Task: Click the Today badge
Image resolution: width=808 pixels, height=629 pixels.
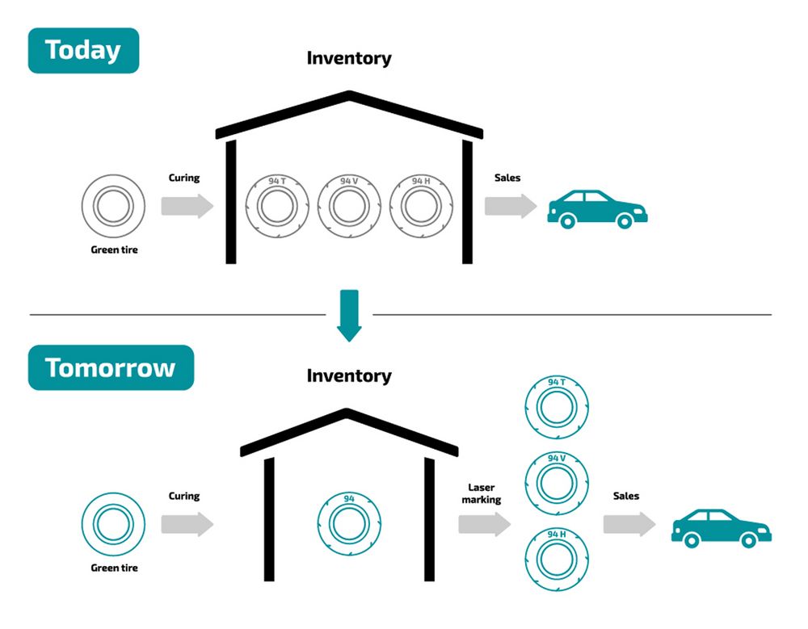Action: pos(83,50)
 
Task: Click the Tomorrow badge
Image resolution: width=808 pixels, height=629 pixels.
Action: pos(111,367)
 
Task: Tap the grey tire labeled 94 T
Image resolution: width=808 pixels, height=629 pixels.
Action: pos(277,204)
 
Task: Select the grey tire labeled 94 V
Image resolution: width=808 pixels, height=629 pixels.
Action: pos(349,204)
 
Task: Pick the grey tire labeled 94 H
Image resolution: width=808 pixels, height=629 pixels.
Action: pos(421,204)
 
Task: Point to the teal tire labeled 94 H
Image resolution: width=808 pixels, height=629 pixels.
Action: pos(556,558)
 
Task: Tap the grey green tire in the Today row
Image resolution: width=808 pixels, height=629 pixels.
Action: pos(114,206)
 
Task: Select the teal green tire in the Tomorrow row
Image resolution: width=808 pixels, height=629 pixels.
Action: pos(114,524)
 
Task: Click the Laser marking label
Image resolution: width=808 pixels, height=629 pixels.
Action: pos(482,493)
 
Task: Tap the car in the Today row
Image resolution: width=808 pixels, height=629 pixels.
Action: pos(597,208)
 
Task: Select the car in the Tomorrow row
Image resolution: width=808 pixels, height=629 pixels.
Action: pos(722,528)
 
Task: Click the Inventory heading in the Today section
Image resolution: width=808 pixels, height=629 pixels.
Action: pos(349,58)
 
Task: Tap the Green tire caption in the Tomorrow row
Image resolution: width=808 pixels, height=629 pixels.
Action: pos(114,568)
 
